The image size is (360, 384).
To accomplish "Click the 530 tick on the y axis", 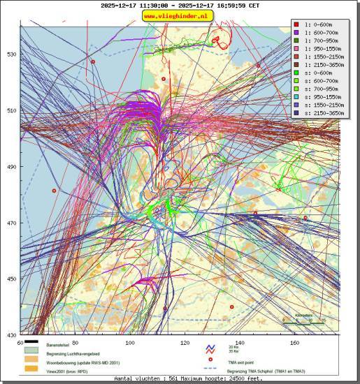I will [x=11, y=54].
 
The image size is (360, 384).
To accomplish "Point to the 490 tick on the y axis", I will [x=11, y=167].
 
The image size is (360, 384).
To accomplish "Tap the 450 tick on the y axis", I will [x=11, y=279].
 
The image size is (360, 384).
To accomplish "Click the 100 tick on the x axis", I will [x=129, y=343].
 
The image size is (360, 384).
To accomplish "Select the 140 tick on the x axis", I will [x=240, y=343].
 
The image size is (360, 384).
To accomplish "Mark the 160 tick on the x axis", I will [x=295, y=343].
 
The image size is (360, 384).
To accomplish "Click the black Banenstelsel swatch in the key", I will [x=32, y=344].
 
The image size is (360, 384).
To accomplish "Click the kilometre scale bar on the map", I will [x=303, y=320].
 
